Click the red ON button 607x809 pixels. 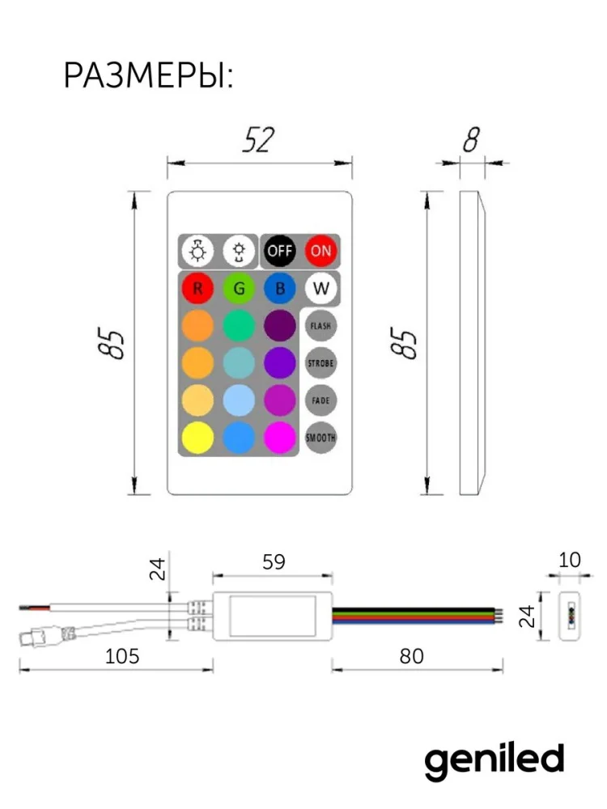point(320,251)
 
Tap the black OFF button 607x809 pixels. point(280,251)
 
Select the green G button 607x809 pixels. point(239,288)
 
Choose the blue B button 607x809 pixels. point(280,288)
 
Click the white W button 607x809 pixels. point(320,288)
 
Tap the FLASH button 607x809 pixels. point(320,325)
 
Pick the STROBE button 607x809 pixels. point(320,362)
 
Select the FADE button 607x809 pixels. point(320,400)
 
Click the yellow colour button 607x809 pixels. point(197,438)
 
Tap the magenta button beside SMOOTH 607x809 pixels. point(280,438)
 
